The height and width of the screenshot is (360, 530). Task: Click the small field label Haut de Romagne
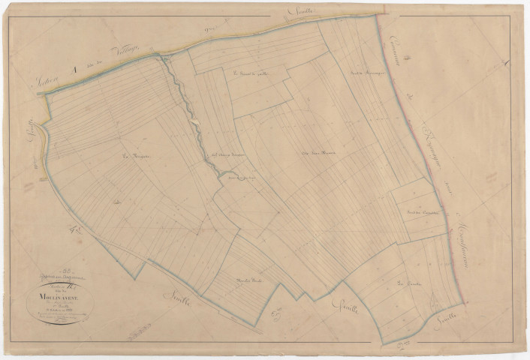(366, 73)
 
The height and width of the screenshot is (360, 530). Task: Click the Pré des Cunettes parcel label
(421, 214)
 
